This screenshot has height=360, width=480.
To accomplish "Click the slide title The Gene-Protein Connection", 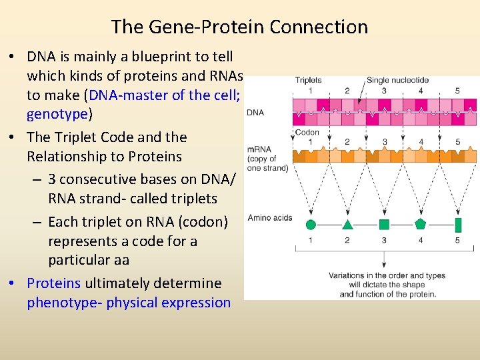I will [x=239, y=27].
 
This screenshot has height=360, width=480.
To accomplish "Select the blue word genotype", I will [x=57, y=114].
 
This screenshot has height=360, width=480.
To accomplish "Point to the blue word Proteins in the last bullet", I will [x=53, y=283].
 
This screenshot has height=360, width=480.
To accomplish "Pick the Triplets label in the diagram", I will [x=308, y=81].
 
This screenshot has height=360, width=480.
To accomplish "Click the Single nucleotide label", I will [x=397, y=81].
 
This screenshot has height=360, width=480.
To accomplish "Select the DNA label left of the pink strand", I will [x=255, y=113].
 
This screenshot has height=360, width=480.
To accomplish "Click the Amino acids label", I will [x=269, y=217].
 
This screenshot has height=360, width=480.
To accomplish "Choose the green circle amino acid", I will [x=310, y=225].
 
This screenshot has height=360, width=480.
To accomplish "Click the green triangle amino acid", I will [x=347, y=225].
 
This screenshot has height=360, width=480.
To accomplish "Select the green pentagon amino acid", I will [x=420, y=224].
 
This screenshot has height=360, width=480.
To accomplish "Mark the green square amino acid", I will [x=384, y=225].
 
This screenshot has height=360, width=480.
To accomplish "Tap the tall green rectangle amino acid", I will [x=457, y=224].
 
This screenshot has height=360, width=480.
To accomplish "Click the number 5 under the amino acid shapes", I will [x=457, y=241].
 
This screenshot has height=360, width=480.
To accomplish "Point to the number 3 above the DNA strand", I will [x=384, y=91].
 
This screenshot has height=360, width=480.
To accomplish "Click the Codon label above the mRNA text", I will [x=307, y=132].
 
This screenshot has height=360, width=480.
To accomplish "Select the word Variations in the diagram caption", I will [x=347, y=276].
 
